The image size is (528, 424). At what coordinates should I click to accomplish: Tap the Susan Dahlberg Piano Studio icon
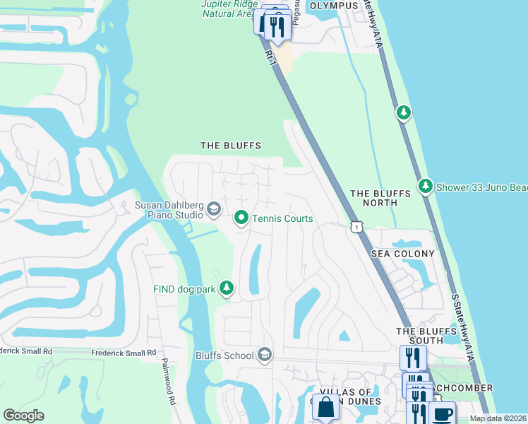pos(213,208)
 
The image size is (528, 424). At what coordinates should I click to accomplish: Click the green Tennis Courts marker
pos(241,218)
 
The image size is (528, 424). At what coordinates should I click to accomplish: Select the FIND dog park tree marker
pos(227,288)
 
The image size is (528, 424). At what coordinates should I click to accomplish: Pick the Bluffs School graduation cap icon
pos(265,355)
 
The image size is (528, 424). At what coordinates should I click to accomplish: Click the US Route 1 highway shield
pos(356,225)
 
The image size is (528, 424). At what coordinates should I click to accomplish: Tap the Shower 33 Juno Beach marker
pos(426,187)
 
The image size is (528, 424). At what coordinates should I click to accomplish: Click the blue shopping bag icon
pos(325,408)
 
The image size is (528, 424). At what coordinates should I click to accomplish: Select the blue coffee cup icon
pos(442,413)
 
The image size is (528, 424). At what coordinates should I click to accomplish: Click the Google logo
pos(23,416)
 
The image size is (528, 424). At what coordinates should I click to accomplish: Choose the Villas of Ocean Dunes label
pos(350,396)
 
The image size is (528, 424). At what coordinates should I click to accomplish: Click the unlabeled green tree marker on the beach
pos(403,112)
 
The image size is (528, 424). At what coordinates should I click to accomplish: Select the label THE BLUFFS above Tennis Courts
pos(231,146)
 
